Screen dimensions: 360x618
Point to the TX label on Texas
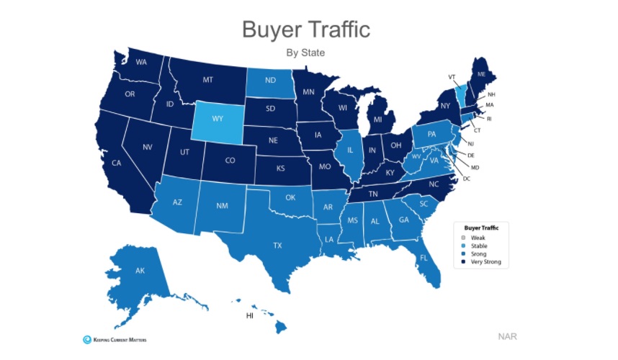pyautogui.click(x=277, y=246)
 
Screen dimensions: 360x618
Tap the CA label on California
pyautogui.click(x=116, y=163)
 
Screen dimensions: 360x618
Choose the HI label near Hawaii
pyautogui.click(x=250, y=315)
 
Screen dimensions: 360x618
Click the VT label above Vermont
pyautogui.click(x=452, y=76)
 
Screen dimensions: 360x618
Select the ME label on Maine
pyautogui.click(x=481, y=74)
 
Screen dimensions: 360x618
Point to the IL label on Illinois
pyautogui.click(x=350, y=151)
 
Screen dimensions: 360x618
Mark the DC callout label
pyautogui.click(x=466, y=178)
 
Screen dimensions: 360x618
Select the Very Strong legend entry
pyautogui.click(x=485, y=262)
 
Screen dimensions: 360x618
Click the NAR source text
pyautogui.click(x=507, y=336)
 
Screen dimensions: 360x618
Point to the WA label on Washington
pyautogui.click(x=142, y=62)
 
